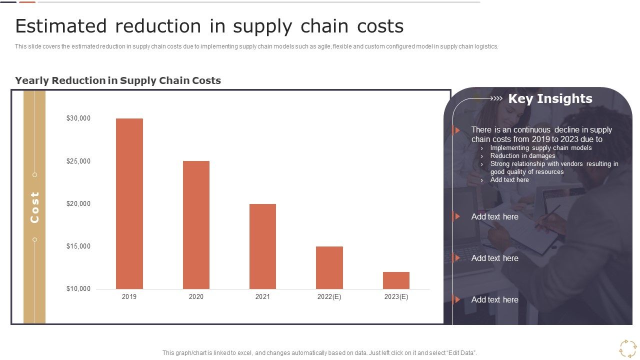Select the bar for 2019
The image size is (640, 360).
coord(129,203)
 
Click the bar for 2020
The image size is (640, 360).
coord(196,225)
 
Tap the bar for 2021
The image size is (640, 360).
coord(262,246)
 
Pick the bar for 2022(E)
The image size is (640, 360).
coord(329,267)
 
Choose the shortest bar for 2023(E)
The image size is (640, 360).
coord(396,280)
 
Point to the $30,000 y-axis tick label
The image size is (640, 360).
coord(78,118)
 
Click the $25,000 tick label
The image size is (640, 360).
coord(78,161)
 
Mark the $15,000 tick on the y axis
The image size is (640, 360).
coord(78,246)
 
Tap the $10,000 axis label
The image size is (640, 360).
coord(78,288)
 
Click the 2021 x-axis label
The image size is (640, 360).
coord(262,297)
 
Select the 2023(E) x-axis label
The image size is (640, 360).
coord(396,297)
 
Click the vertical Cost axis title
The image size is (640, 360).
coord(34,207)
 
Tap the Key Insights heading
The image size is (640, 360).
coord(550,99)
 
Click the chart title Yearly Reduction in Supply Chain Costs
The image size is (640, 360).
coord(118,80)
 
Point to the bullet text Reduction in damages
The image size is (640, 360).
coord(522,156)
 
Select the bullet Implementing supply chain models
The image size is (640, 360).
coord(540,148)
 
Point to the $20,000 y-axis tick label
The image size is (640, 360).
coord(78,203)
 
